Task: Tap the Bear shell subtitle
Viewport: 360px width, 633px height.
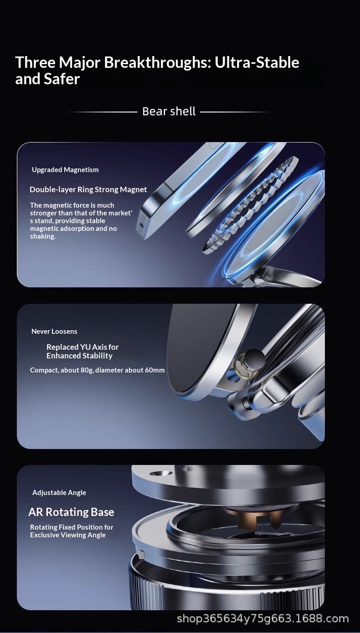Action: click(x=169, y=111)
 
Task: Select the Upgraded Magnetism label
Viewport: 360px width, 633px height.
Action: click(x=65, y=170)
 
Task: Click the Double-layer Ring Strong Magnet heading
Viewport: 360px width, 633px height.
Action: click(x=88, y=189)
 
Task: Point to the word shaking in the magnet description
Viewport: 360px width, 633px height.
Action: click(x=42, y=236)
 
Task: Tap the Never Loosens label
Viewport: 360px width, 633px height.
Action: click(x=54, y=331)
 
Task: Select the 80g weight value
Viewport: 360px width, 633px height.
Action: click(x=87, y=370)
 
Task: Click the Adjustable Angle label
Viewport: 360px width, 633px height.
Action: click(x=59, y=493)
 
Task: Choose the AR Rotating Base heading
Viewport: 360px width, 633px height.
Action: click(x=71, y=512)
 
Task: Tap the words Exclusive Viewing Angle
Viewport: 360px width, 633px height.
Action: click(x=68, y=535)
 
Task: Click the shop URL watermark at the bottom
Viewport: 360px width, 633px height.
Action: click(x=263, y=618)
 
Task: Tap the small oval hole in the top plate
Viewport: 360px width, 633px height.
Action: click(x=160, y=473)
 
